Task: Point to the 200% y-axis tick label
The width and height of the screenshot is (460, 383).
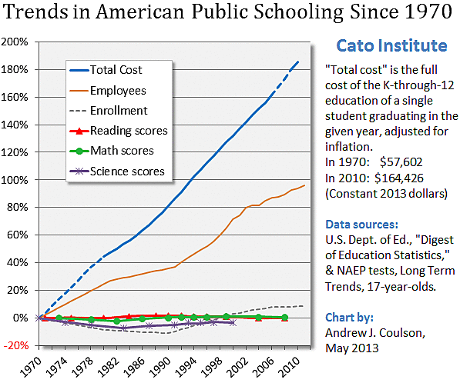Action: click(x=16, y=42)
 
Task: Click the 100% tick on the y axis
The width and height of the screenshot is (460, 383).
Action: click(x=16, y=179)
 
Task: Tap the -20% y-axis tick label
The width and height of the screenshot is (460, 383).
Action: click(x=16, y=345)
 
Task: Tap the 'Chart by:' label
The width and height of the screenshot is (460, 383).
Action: click(x=351, y=320)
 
